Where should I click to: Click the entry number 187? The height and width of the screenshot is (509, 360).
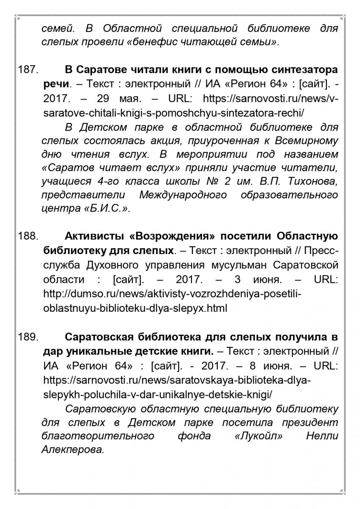coord(28,69)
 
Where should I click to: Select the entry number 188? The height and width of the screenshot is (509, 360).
coord(28,236)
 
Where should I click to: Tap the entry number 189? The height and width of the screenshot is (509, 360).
coord(28,337)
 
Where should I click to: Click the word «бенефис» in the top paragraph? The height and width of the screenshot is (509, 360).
coord(149,42)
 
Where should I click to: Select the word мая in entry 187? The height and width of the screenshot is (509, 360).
coord(131,99)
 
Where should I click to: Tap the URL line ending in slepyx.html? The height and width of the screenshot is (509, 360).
coord(135,308)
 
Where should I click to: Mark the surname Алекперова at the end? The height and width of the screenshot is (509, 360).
coord(73,450)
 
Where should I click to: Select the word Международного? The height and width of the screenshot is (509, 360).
coord(183,196)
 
